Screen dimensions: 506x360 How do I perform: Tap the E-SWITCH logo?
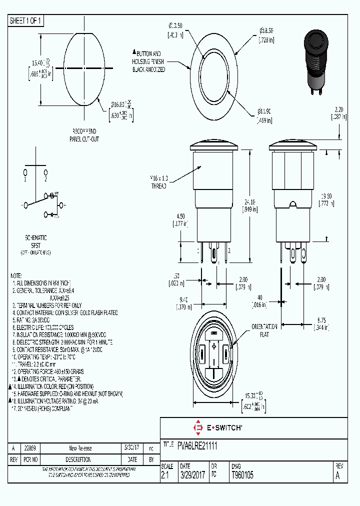click(217, 427)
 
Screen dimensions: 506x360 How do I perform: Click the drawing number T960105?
click(242, 475)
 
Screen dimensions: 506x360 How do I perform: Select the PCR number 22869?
click(30, 448)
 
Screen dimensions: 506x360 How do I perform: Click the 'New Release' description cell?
click(80, 448)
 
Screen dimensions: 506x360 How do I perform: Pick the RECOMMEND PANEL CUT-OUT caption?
click(84, 135)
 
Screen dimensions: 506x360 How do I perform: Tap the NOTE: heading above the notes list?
click(16, 275)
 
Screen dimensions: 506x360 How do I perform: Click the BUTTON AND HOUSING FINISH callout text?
click(148, 61)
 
